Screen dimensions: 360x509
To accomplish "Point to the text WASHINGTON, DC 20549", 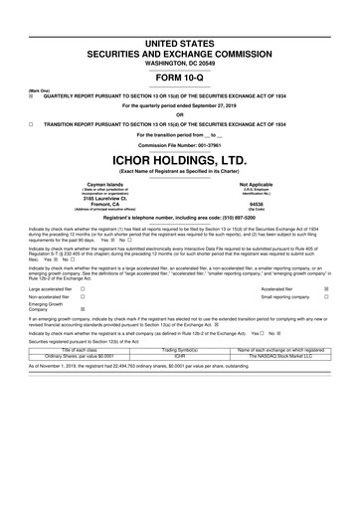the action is (x=179, y=35).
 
